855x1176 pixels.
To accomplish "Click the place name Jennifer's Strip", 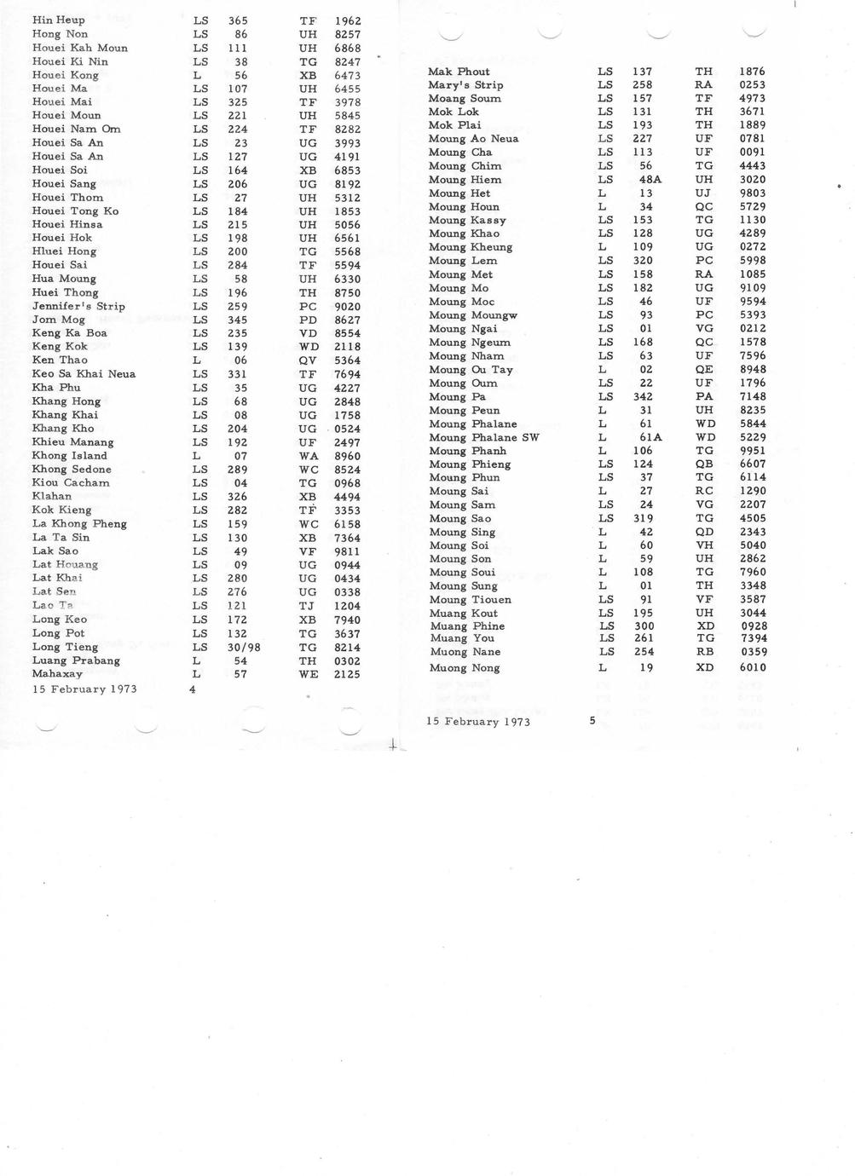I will [x=78, y=306].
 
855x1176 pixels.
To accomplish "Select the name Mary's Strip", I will [x=465, y=85].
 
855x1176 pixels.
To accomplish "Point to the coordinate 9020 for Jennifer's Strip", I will [x=347, y=306].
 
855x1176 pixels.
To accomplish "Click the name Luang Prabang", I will [x=76, y=660].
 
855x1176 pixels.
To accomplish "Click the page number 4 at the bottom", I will [x=193, y=689].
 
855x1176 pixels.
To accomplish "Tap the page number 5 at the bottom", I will [x=592, y=721].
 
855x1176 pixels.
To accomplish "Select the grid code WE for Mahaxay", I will [x=309, y=674].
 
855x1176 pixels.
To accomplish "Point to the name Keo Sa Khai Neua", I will [x=84, y=374].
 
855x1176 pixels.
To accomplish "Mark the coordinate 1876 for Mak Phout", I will [x=752, y=72].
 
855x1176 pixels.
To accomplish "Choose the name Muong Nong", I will [x=465, y=668].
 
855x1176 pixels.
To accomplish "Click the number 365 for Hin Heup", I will [x=238, y=20].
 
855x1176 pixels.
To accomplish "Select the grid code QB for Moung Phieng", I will [x=704, y=464].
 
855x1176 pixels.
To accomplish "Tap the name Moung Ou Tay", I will [x=471, y=370].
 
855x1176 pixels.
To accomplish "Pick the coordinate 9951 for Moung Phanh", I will [x=752, y=451].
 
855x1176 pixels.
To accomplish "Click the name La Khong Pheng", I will [x=79, y=524].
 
